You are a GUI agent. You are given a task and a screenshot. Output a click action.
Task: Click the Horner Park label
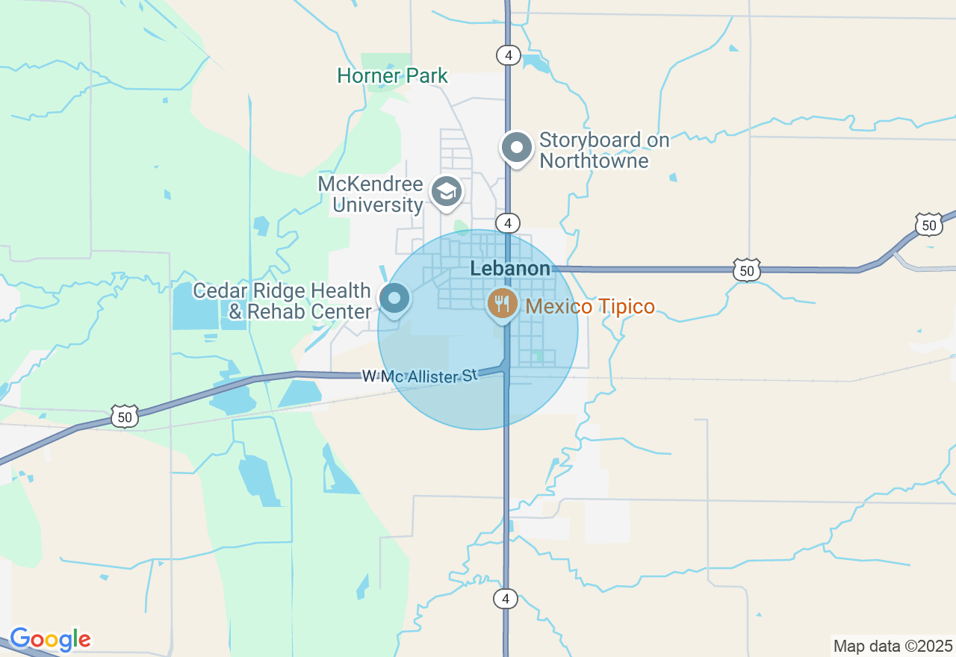(x=392, y=75)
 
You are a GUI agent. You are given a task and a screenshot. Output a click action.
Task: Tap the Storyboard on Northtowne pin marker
(x=516, y=147)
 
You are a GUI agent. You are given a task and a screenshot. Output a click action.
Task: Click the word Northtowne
(x=594, y=161)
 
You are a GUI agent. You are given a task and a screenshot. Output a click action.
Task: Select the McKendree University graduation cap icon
(x=447, y=193)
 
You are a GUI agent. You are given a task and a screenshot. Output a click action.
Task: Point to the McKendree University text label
(x=370, y=194)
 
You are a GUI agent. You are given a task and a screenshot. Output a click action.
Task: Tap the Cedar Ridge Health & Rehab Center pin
(x=394, y=299)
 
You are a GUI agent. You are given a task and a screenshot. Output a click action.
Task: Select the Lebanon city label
(x=510, y=269)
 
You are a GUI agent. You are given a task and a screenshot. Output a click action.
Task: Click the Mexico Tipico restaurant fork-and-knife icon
(x=502, y=304)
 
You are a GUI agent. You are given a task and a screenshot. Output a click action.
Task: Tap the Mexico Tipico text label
(x=590, y=306)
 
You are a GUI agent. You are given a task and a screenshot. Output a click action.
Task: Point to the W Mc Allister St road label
(x=419, y=376)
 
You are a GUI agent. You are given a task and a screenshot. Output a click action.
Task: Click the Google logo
(x=50, y=639)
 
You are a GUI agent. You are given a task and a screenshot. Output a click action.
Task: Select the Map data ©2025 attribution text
(x=893, y=646)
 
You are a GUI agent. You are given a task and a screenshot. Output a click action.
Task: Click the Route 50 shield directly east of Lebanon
(x=747, y=270)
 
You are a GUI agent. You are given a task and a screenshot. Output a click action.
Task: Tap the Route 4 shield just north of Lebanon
(x=508, y=223)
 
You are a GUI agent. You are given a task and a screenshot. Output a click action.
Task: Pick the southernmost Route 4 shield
(x=506, y=598)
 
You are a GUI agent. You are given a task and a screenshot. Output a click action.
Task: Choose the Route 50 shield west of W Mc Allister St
(x=124, y=417)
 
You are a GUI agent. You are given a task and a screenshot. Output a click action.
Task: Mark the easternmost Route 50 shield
(x=928, y=224)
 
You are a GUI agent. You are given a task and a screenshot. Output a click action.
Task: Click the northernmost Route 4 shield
(x=508, y=55)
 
